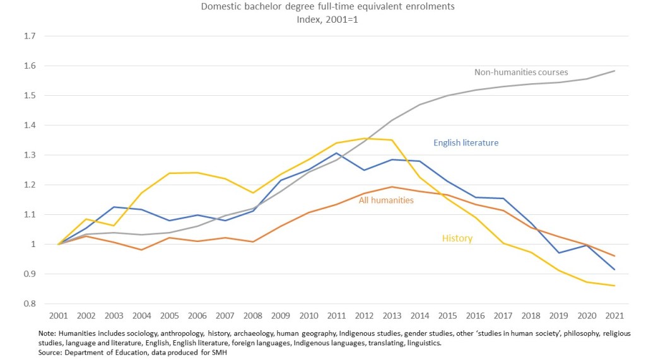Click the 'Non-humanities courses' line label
(521, 72)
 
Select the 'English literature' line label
(466, 143)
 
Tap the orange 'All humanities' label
(386, 200)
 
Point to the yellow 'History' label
(457, 239)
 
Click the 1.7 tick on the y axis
(29, 37)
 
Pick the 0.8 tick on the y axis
(29, 304)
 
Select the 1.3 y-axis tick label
(29, 155)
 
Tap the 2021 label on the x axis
(614, 314)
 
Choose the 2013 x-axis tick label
(393, 314)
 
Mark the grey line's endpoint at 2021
(614, 71)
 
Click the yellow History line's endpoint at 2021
(614, 286)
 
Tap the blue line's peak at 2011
(338, 153)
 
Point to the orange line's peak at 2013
(393, 187)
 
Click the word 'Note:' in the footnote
(48, 333)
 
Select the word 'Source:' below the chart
(52, 353)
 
